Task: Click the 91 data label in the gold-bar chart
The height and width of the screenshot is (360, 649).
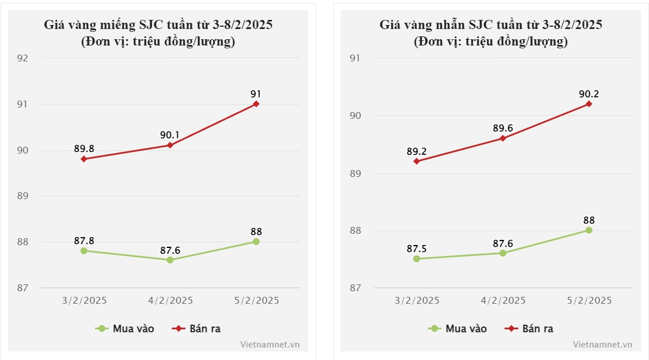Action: click(256, 94)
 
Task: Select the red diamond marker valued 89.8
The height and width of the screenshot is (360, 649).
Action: click(84, 159)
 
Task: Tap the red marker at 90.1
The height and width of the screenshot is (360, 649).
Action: click(170, 145)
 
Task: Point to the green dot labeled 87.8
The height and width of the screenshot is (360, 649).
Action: click(84, 251)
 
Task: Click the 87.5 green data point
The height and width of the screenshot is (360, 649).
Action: click(417, 259)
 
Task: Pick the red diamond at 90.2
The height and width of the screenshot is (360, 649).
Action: click(589, 104)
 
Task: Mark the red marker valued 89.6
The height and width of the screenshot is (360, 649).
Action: click(503, 138)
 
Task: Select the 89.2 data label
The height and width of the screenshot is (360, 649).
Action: click(417, 152)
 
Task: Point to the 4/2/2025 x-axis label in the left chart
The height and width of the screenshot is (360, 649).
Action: click(170, 300)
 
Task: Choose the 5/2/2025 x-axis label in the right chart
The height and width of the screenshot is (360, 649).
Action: click(589, 300)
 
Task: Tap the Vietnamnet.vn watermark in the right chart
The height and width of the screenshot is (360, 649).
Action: click(602, 344)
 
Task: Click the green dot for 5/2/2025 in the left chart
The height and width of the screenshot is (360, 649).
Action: click(256, 242)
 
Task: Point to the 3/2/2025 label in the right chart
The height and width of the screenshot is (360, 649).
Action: click(417, 300)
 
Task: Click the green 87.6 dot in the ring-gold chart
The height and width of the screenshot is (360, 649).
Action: click(503, 253)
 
